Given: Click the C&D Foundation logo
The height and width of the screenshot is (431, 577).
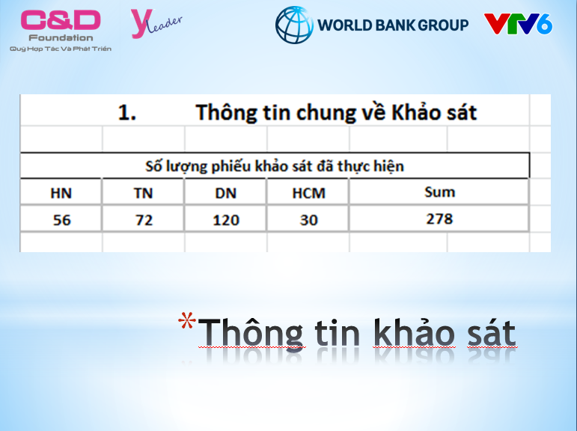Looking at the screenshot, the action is [61, 31].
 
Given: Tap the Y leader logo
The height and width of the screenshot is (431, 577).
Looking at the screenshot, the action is [156, 24].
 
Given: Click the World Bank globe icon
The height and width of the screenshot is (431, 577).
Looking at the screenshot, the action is [294, 25].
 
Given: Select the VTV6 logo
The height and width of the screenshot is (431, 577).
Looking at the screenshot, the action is [518, 24].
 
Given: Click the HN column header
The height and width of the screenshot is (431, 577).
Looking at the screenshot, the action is [61, 193].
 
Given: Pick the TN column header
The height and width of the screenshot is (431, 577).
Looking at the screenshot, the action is [143, 193].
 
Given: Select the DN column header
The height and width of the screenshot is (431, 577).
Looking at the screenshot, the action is [225, 193].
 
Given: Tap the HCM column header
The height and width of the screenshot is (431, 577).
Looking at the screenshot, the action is [309, 193].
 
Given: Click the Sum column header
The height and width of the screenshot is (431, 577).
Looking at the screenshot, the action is [440, 192].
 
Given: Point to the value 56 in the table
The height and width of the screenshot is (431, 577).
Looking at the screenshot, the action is [61, 220].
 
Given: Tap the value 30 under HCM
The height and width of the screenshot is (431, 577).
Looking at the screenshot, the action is [309, 220].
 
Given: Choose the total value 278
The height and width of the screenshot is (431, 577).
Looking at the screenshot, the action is [439, 219].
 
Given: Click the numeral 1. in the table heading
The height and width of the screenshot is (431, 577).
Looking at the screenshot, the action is [127, 112].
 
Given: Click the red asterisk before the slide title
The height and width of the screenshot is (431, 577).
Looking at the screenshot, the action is [187, 320].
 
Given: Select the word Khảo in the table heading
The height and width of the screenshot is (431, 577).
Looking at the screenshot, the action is [416, 112].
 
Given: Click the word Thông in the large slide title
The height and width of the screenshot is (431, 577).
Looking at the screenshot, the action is [251, 334].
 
